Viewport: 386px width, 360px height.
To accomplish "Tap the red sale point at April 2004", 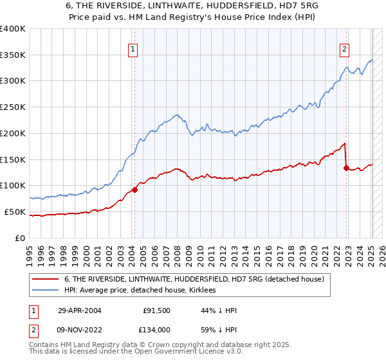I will point(135,190).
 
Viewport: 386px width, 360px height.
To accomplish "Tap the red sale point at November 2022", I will point(346,168).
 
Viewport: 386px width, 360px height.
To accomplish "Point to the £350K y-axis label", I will point(13,55).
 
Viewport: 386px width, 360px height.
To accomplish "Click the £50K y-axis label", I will point(15,212).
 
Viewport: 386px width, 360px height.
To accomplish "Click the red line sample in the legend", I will point(45,279).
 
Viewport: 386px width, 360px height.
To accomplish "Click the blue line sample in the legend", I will point(45,291).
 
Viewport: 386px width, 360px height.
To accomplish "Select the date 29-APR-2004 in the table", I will point(80,310).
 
